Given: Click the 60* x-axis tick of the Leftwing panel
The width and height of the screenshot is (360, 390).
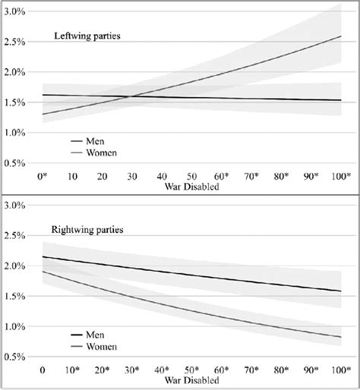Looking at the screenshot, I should click(x=221, y=177).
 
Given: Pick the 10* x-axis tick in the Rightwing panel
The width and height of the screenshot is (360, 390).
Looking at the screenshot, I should click(x=74, y=372).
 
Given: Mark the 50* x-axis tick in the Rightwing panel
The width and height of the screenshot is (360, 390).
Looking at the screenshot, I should click(x=192, y=372).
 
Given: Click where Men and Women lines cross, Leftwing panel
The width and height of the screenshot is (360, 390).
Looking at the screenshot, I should click(x=131, y=96).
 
